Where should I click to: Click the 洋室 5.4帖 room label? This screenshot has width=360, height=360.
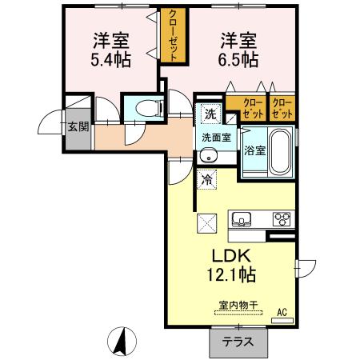pos(112,49)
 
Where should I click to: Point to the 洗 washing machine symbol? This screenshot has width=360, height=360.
pos(209,114)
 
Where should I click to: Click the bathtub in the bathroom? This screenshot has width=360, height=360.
pos(279,147)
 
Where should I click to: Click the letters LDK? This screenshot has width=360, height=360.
pos(232,256)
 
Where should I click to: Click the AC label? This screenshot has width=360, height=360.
pos(281,312)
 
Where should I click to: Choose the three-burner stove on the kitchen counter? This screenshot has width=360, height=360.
pos(282,218)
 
